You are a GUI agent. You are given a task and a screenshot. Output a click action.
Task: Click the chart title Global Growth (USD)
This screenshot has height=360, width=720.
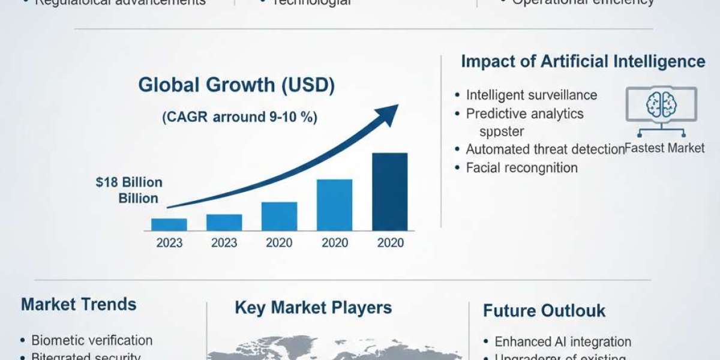(x=236, y=85)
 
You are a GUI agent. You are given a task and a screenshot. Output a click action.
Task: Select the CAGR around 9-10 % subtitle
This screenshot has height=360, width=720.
(x=239, y=117)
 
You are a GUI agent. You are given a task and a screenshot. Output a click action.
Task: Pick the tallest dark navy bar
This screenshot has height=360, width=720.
(x=389, y=192)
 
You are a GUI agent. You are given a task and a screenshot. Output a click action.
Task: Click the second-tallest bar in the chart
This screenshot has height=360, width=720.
(x=334, y=205)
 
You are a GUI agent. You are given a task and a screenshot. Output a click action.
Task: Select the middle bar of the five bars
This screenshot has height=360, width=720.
(x=279, y=217)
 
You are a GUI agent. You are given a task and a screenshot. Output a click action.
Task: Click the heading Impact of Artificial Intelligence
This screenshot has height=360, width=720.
(x=583, y=61)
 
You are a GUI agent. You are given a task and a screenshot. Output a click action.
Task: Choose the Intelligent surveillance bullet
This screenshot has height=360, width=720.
(x=531, y=95)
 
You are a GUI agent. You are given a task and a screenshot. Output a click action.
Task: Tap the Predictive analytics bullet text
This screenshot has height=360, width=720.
(x=524, y=113)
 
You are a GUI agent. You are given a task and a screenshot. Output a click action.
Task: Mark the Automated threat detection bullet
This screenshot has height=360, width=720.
(x=545, y=149)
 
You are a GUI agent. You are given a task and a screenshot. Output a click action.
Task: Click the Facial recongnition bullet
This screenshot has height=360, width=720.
(x=521, y=168)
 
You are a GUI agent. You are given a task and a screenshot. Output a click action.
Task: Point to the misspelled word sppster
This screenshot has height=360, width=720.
(x=502, y=131)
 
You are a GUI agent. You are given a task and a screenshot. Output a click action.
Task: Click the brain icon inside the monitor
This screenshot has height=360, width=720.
(x=661, y=104)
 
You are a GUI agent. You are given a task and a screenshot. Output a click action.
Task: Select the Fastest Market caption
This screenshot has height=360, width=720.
(x=665, y=148)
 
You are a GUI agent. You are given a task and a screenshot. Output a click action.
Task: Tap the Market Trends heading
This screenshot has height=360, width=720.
(x=79, y=304)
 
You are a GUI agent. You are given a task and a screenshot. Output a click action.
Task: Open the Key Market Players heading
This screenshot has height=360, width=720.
(x=313, y=308)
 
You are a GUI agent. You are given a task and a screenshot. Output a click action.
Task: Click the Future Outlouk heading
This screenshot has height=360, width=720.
(x=544, y=311)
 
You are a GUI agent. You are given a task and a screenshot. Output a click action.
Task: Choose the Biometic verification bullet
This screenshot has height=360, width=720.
(x=92, y=340)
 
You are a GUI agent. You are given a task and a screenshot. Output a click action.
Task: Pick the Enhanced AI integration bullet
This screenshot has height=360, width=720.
(x=562, y=341)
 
